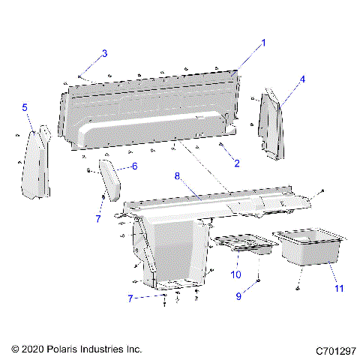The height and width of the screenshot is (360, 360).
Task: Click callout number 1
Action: (x=262, y=43)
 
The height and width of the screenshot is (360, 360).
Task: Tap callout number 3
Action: (x=105, y=52)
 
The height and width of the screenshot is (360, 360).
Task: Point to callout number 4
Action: (x=302, y=79)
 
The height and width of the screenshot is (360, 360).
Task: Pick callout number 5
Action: (x=25, y=108)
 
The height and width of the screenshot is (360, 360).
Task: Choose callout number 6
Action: (x=134, y=166)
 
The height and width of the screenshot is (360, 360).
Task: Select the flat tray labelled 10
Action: (x=242, y=244)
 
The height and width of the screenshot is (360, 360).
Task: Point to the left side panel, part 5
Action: (x=34, y=163)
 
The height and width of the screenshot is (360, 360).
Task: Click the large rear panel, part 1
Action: (x=150, y=112)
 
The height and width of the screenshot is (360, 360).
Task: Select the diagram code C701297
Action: (x=335, y=349)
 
